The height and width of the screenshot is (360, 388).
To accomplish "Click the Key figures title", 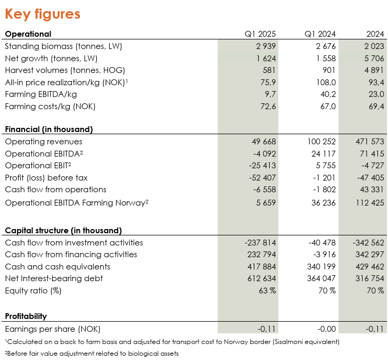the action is click(43, 14).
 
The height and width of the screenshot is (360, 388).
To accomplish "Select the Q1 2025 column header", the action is click(260, 34).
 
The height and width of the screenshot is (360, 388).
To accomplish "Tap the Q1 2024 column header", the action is click(320, 34).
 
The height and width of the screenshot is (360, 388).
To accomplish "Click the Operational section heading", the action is click(28, 34).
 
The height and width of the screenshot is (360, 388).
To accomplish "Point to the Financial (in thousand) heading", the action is click(49, 129).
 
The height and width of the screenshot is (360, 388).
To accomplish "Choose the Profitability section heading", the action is click(26, 316).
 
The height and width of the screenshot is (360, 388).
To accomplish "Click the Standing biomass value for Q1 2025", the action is click(266, 46).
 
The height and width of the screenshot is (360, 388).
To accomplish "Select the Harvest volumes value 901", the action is click(329, 70).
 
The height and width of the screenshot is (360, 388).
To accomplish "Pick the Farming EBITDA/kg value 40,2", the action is click(327, 94).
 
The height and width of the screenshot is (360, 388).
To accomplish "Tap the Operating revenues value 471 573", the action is click(370, 142).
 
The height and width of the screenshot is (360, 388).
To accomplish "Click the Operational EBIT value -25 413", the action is click(262, 166).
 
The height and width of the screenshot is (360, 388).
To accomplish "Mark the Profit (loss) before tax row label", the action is click(46, 178).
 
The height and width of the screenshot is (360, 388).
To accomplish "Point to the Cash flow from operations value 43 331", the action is click(372, 190).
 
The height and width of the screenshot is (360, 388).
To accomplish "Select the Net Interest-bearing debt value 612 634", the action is click(261, 279).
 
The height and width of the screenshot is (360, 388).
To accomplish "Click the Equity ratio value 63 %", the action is click(267, 290).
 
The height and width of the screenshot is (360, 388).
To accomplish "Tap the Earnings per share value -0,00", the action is click(327, 329).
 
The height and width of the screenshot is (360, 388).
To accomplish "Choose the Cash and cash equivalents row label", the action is click(57, 267).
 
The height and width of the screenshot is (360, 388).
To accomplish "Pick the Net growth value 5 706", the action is click(374, 59).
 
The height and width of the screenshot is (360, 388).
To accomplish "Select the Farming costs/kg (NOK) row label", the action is click(50, 107).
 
